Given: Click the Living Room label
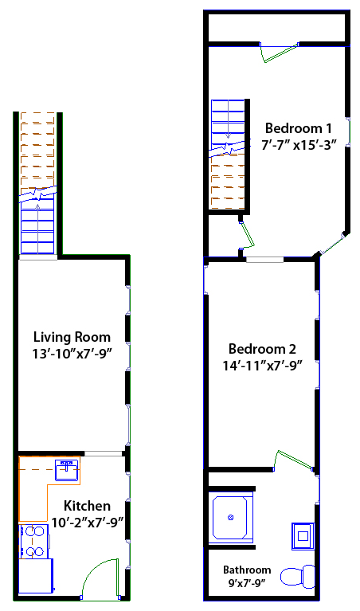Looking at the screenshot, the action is [72, 337].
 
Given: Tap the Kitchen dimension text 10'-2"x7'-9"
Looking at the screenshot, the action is [88, 522].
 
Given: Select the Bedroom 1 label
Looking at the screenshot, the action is [299, 127].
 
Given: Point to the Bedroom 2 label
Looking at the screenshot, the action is [262, 348].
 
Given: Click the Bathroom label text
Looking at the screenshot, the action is [247, 570].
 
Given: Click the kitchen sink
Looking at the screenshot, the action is [67, 469].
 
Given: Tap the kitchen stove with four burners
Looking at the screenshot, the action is [34, 541].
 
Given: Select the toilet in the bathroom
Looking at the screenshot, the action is [298, 577].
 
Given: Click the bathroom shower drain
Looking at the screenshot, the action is [230, 518].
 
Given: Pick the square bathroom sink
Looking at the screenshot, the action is [303, 536].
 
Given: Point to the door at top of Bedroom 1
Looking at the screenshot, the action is [280, 53].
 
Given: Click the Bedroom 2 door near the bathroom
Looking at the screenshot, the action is [294, 460].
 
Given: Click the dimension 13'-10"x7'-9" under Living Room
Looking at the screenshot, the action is [72, 354].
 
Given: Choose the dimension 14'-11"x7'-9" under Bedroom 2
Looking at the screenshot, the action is [263, 366].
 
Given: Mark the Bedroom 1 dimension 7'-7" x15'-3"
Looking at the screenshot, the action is [299, 145].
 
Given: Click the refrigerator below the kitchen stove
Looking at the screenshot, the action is [36, 576].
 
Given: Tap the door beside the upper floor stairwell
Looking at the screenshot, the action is [247, 235].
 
